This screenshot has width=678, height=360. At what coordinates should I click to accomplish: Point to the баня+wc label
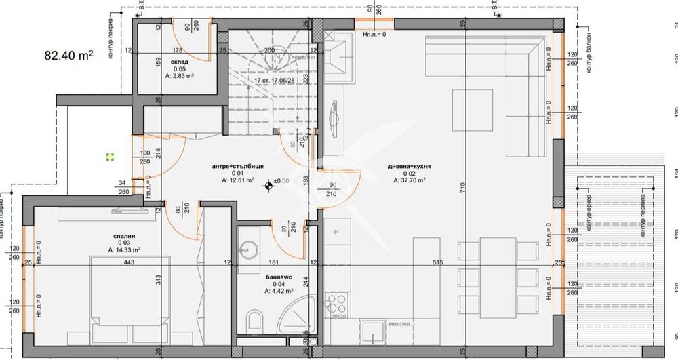(x=279, y=277)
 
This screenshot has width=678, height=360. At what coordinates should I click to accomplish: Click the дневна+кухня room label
(x=410, y=166)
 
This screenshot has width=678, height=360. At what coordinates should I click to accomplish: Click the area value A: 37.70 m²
(x=410, y=181)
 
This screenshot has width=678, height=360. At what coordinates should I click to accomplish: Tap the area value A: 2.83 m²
(x=180, y=76)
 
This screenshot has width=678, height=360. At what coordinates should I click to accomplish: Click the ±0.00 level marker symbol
(x=270, y=182)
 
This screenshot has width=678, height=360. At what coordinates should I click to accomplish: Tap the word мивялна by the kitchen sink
(x=397, y=323)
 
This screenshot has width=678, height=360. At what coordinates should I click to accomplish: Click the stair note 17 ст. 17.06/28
(x=275, y=80)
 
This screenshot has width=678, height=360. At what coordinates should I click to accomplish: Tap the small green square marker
(x=109, y=157)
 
